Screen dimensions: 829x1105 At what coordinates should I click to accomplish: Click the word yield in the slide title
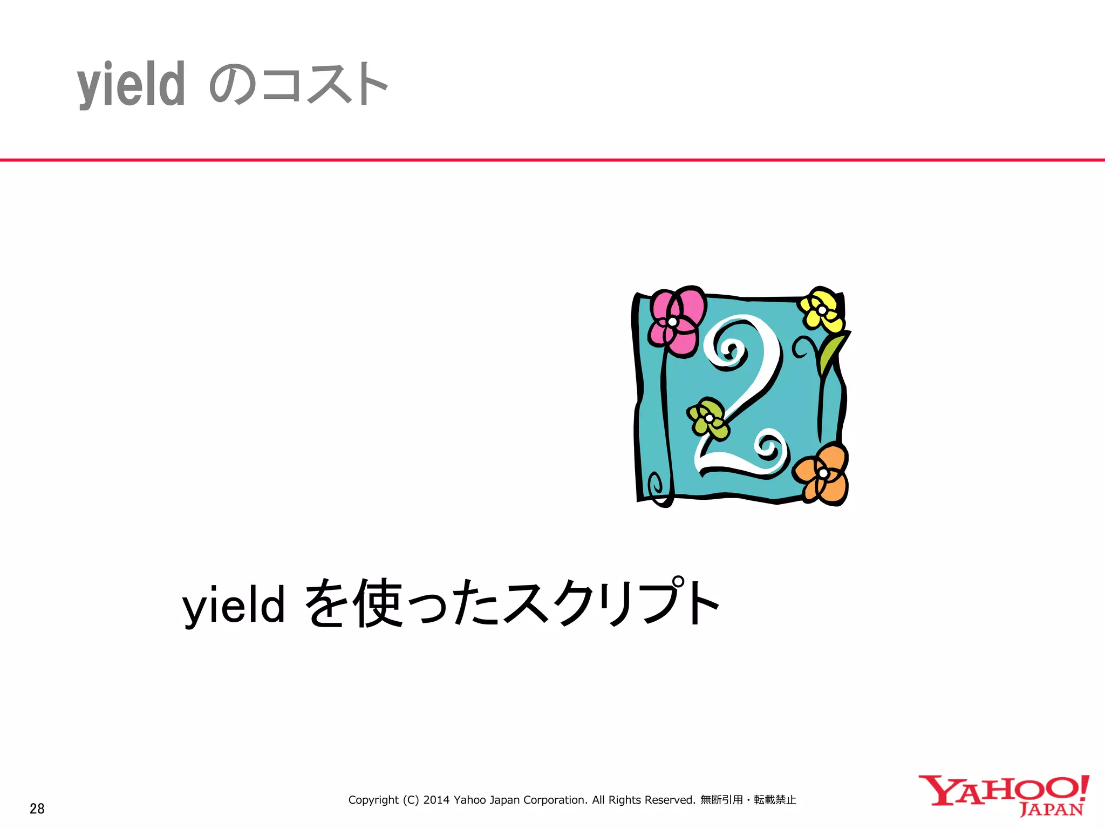[131, 85]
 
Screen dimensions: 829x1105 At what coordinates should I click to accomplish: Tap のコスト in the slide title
[298, 84]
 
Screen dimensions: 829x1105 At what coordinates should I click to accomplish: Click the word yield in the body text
[234, 605]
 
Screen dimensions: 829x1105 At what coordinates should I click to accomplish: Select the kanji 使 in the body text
[377, 603]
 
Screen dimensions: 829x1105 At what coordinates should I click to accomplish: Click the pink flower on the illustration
[676, 322]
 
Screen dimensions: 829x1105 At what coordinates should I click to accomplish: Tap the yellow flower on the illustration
[822, 310]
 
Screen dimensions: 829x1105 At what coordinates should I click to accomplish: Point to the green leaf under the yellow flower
[831, 351]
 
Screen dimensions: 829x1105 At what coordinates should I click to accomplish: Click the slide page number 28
[37, 808]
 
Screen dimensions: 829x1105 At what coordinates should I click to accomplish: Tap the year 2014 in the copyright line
[436, 800]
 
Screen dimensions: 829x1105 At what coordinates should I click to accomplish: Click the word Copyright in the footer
[373, 800]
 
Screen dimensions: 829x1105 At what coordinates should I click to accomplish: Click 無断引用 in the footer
[721, 800]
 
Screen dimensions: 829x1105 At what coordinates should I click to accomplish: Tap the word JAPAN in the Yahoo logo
[1051, 810]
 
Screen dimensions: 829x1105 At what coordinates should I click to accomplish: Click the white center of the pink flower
[673, 322]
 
